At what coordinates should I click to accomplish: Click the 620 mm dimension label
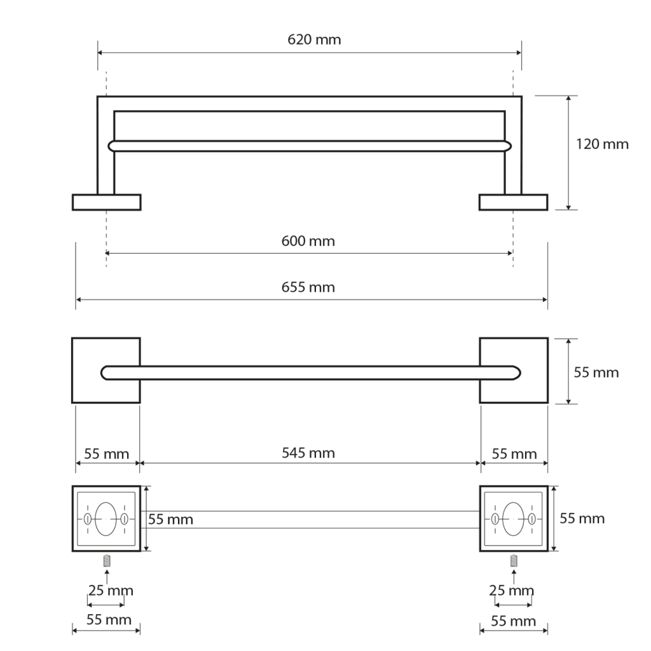tap(314, 39)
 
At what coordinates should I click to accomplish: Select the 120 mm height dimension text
tap(601, 144)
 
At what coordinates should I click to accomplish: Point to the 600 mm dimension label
tap(308, 241)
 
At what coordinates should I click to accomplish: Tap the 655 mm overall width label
tap(308, 287)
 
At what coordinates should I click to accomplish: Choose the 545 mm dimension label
tap(308, 453)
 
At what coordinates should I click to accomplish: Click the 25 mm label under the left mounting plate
tap(111, 591)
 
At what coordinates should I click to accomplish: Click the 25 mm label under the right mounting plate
tap(511, 591)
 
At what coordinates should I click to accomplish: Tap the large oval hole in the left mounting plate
tap(106, 517)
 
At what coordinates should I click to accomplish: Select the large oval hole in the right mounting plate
tap(512, 517)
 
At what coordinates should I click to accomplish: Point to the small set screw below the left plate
tap(107, 561)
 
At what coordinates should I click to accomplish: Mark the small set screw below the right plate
tap(514, 561)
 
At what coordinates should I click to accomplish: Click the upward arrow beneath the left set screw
tap(107, 576)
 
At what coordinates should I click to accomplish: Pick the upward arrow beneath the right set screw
tap(514, 576)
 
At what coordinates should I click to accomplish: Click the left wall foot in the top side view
tap(106, 202)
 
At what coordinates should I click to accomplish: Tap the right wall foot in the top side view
tap(513, 202)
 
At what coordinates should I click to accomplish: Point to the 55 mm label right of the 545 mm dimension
tap(514, 453)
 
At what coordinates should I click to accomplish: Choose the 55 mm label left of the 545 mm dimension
tap(107, 453)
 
